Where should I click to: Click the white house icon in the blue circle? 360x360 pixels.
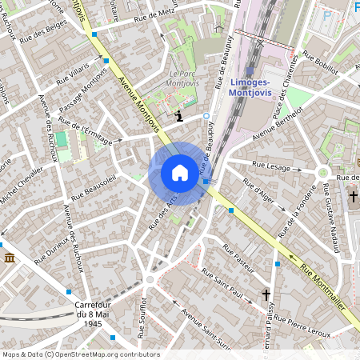pos(179,173)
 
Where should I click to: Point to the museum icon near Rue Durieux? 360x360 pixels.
pos(10,258)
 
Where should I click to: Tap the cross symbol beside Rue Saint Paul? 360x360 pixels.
pos(267,295)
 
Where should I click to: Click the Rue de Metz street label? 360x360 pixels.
pos(154,14)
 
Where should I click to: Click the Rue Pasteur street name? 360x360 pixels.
pos(237,258)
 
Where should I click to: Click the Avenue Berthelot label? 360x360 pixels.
pos(275,125)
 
